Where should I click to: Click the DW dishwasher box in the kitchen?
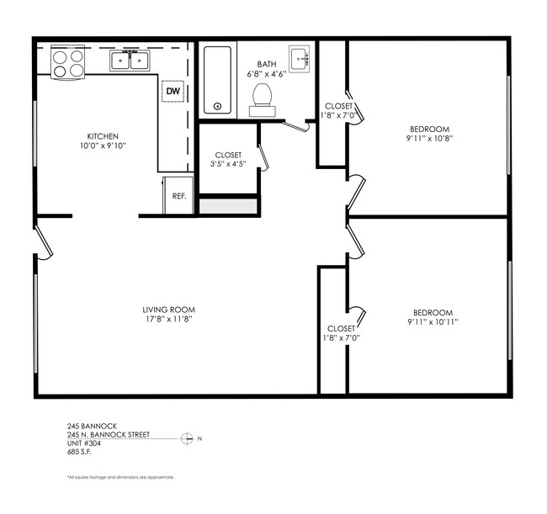tap(173, 91)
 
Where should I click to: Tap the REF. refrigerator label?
tap(178, 196)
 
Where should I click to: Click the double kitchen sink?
tap(130, 60)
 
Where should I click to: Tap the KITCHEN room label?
tap(103, 135)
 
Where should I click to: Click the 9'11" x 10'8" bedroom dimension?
tap(428, 139)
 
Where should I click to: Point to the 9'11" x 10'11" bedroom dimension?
tap(433, 321)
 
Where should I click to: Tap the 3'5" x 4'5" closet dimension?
tap(229, 165)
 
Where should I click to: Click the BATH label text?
tap(266, 63)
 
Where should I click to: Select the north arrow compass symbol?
tap(187, 438)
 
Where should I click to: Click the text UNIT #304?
tap(85, 443)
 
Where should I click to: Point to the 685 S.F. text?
tap(80, 452)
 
